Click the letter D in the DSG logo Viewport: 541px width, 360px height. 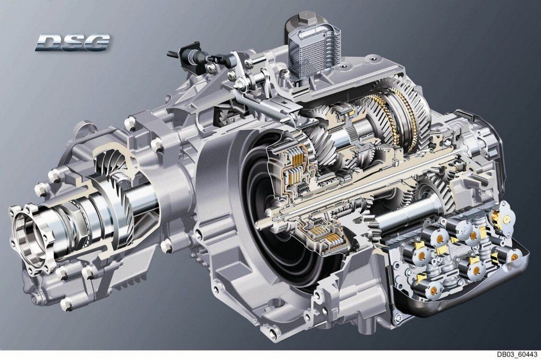tap(47, 42)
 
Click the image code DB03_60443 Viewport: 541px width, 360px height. tap(517, 355)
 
